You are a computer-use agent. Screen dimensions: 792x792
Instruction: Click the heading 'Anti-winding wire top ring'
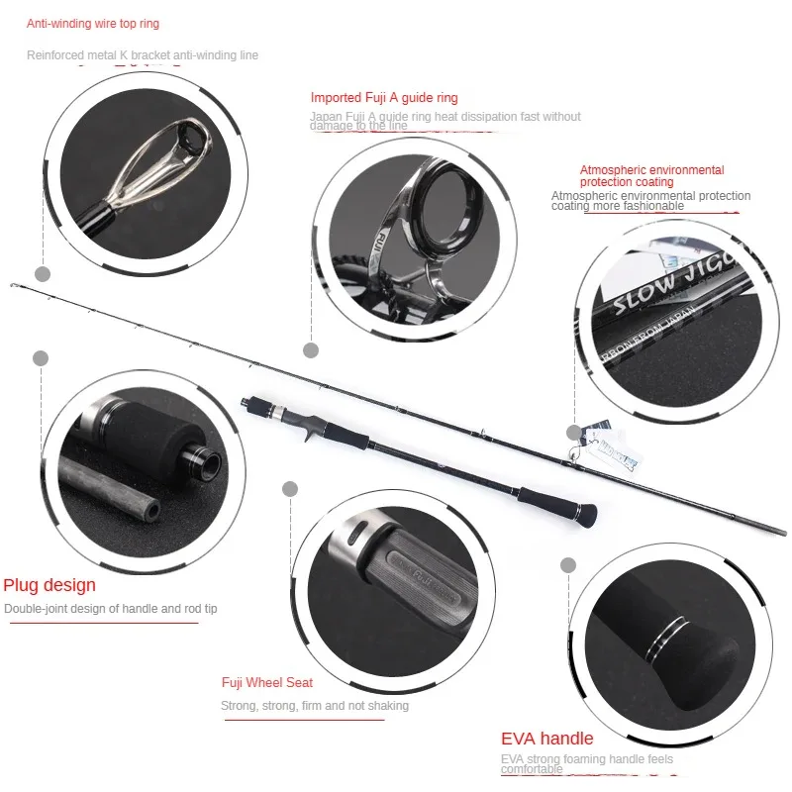(93, 24)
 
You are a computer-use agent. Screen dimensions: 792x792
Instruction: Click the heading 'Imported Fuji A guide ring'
(384, 98)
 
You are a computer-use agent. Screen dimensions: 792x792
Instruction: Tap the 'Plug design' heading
(49, 585)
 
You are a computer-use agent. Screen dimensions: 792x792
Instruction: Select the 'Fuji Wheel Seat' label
(267, 683)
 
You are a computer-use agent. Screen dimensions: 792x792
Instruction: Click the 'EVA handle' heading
(547, 739)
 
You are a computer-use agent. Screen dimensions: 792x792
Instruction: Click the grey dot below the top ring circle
(42, 273)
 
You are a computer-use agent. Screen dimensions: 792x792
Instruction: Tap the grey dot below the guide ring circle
(311, 349)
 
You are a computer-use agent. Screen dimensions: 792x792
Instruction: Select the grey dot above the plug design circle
(41, 358)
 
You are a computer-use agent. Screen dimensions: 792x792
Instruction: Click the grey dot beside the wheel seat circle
(290, 488)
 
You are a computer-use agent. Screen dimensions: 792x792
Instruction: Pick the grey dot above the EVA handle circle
(568, 565)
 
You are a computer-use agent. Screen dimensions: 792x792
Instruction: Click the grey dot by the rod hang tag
(574, 433)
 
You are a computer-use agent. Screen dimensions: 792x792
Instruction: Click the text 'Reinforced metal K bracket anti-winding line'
(143, 55)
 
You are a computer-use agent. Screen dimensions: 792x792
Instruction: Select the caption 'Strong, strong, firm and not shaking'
(314, 706)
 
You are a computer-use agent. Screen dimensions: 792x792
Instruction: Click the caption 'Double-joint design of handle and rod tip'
(110, 609)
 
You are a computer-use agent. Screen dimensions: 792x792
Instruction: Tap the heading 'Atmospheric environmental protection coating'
(651, 176)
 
